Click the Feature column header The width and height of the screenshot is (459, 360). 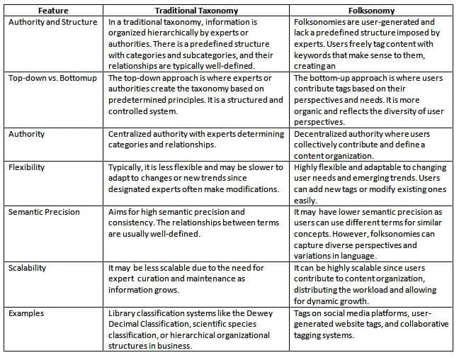[54, 11]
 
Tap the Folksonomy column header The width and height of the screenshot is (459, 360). [371, 11]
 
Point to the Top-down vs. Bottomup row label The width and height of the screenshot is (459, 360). [54, 78]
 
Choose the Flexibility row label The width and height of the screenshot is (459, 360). [27, 168]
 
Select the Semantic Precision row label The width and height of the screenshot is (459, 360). [44, 212]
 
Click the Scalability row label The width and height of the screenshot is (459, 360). [28, 268]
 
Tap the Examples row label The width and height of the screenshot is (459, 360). [26, 313]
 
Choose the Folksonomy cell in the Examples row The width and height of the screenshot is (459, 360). [371, 324]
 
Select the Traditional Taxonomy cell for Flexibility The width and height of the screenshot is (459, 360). [196, 179]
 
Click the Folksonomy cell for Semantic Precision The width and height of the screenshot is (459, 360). [371, 234]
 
